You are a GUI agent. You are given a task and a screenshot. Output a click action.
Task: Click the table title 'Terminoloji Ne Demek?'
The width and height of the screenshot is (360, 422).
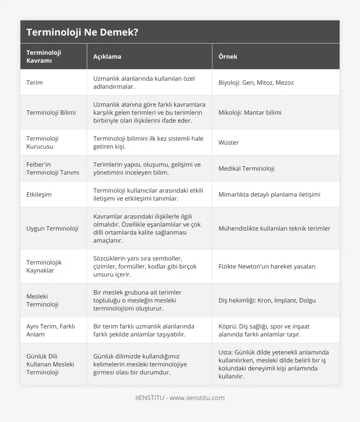82,32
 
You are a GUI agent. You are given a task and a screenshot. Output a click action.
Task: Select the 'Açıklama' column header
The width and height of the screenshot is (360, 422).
107,56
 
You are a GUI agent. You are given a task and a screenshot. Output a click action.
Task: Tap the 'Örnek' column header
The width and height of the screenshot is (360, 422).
228,56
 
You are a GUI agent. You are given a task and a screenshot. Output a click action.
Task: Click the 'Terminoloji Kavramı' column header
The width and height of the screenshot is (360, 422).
44,56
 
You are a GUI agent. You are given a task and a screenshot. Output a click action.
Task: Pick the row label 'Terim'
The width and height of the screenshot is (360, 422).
34,82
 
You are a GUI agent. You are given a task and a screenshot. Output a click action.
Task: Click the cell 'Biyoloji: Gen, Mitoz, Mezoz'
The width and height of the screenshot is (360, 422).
256,82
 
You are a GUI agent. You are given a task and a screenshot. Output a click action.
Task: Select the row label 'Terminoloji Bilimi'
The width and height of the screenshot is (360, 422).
51,112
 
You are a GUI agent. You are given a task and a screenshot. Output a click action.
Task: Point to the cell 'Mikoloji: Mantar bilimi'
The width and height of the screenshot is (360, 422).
250,112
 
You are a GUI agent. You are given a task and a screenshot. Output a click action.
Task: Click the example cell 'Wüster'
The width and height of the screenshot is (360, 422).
228,142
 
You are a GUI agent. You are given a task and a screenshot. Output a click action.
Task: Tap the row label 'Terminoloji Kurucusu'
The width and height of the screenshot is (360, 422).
42,142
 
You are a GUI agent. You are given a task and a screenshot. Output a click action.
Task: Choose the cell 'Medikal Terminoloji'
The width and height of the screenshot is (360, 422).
246,168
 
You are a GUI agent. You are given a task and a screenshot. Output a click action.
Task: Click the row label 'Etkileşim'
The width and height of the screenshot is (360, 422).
39,194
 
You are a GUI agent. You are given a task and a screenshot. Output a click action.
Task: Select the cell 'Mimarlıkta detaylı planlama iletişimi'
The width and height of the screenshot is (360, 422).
269,194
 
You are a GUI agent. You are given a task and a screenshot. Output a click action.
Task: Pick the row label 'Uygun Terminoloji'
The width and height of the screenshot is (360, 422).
52,228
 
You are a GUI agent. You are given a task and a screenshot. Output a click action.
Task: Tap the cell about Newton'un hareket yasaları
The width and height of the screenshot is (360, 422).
267,266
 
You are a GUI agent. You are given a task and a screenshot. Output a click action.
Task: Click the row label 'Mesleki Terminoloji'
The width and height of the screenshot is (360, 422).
42,300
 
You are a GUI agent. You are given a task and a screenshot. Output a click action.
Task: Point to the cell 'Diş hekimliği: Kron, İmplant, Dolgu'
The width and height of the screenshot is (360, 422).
267,300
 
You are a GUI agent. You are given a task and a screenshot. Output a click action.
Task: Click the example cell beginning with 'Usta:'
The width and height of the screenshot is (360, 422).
274,364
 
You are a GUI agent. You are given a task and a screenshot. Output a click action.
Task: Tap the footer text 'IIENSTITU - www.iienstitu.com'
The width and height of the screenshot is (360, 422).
180,398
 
